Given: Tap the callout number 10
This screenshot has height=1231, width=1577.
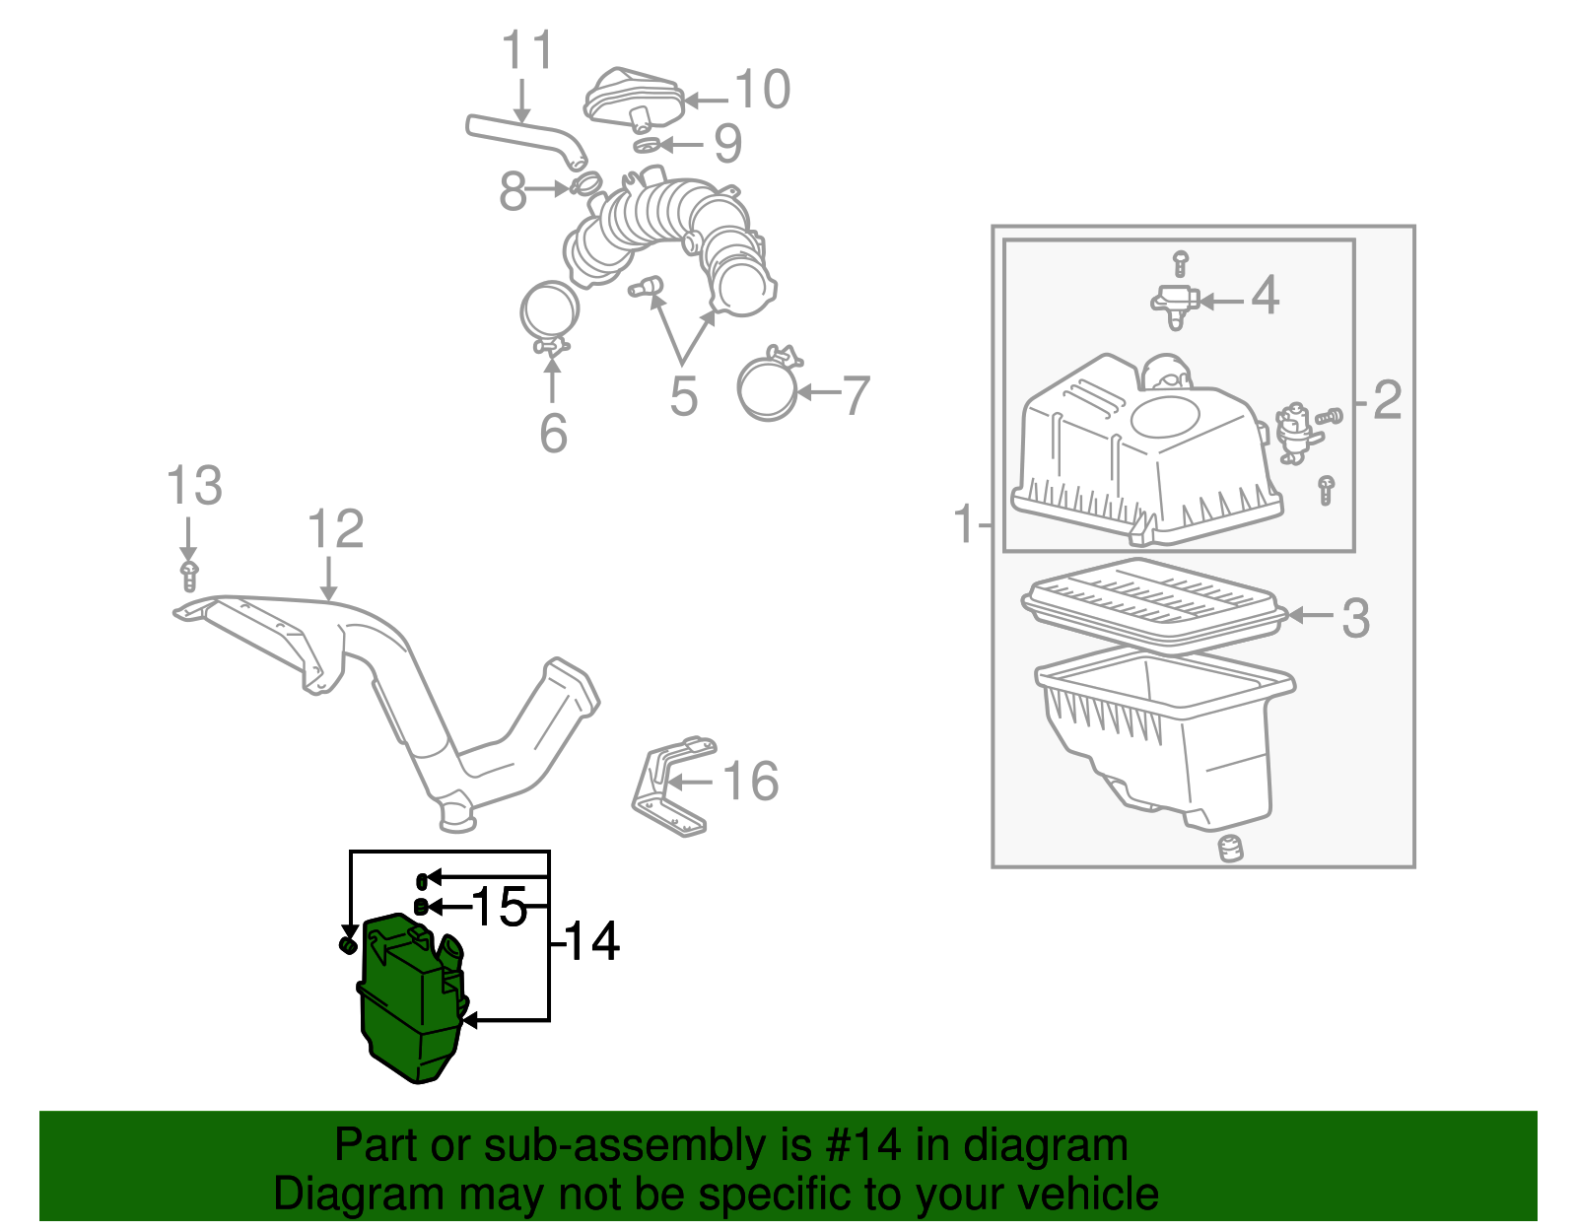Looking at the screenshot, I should (762, 90).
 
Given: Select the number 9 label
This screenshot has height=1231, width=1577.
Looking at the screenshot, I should (727, 144).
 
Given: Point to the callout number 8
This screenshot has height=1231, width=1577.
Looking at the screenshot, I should (513, 191).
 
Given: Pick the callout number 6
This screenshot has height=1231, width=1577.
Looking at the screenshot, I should (553, 433).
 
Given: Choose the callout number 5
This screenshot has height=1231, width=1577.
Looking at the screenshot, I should (683, 396).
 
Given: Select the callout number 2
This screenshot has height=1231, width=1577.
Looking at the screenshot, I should (1387, 399).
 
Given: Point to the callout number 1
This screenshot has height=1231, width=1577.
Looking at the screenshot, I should (964, 523).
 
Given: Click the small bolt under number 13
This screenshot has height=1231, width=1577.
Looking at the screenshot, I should (189, 576).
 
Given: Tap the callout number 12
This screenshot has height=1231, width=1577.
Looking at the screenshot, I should (335, 529).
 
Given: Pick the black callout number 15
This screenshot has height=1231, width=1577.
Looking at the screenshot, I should (500, 907).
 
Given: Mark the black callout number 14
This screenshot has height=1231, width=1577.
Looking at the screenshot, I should (591, 941).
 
